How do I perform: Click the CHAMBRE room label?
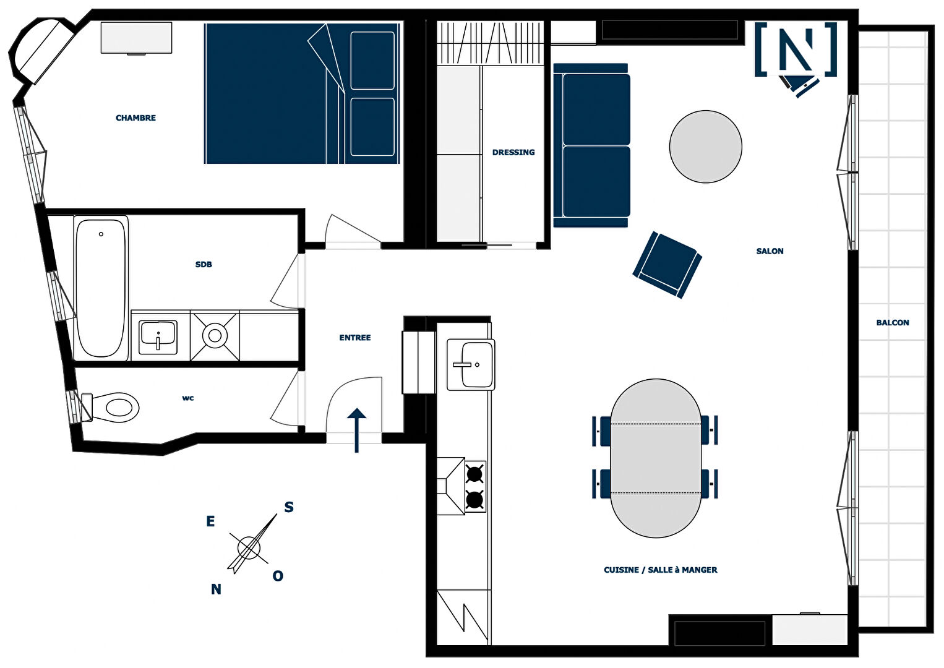135,118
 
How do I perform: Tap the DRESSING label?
513,153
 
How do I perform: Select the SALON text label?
770,251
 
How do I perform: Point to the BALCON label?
893,323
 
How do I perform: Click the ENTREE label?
355,338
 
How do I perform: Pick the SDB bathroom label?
204,265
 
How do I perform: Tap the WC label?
188,398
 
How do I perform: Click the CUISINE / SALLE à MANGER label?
661,570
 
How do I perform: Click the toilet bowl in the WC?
114,408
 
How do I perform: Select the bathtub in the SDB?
101,288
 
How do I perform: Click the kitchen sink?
471,364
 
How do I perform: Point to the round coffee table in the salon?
705,147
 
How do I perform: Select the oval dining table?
656,458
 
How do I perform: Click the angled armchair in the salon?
667,265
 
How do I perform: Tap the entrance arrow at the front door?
356,430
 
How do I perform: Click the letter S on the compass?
289,507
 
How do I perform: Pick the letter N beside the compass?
216,589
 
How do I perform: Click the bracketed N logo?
796,49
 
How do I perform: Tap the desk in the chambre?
136,38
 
